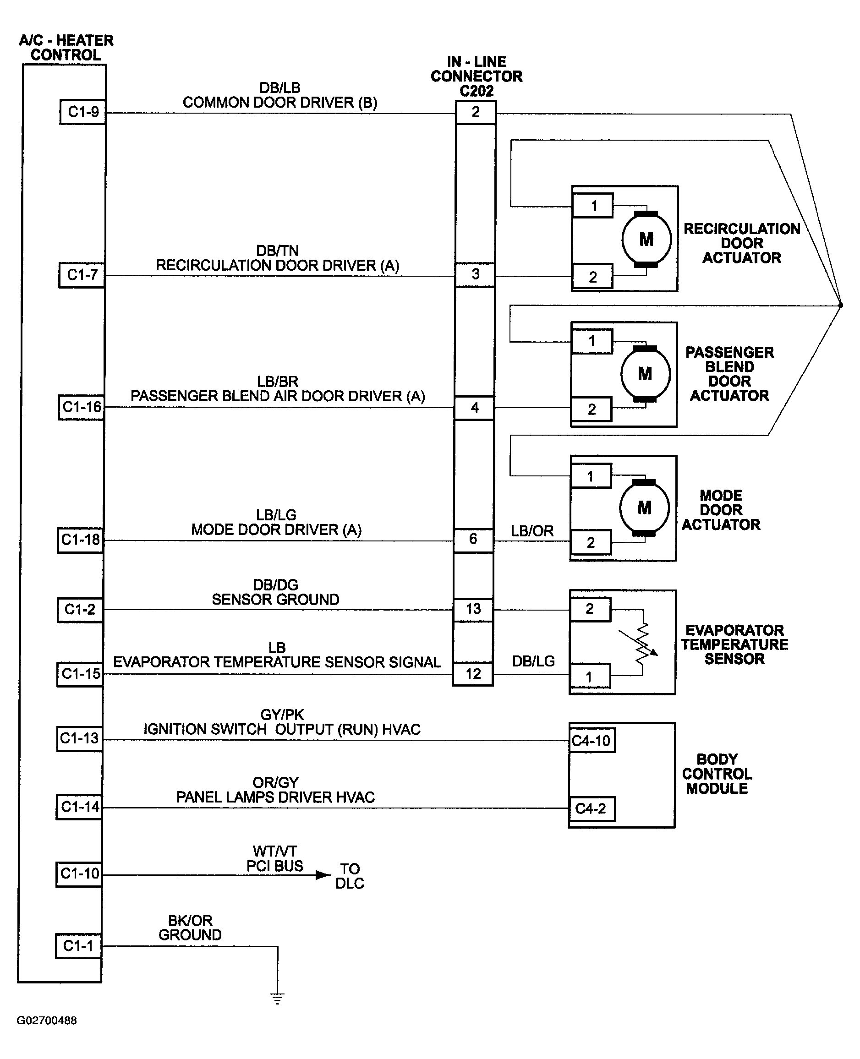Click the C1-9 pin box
[83, 112]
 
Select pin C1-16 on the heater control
[81, 407]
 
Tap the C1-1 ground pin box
[78, 945]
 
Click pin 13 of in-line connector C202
[473, 609]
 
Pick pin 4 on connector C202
[475, 408]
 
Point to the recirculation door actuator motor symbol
[646, 239]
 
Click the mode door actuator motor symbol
[644, 508]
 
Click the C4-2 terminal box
[592, 809]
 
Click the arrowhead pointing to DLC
[323, 875]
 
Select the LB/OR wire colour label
[532, 531]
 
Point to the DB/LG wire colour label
[533, 661]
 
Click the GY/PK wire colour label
[282, 715]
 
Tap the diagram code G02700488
[47, 1021]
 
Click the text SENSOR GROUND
[275, 599]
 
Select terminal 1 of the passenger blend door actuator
[592, 341]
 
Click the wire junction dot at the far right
[840, 306]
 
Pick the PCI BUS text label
[275, 866]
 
